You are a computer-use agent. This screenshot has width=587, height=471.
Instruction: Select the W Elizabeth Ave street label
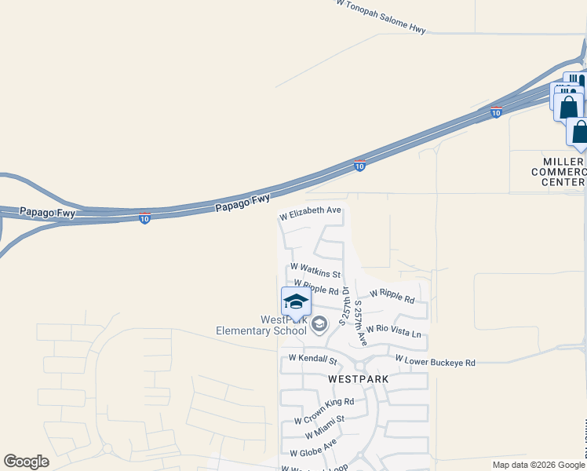click(311, 211)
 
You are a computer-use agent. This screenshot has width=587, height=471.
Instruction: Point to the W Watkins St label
click(315, 271)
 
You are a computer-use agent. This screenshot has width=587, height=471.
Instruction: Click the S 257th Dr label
click(343, 307)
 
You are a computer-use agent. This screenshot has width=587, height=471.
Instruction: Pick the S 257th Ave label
click(361, 322)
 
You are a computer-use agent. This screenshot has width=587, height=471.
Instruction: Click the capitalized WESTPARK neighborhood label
click(358, 378)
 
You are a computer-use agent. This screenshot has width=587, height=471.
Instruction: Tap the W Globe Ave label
click(313, 448)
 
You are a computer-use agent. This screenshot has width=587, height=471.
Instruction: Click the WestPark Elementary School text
click(261, 325)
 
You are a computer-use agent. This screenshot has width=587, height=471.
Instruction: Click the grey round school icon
click(319, 324)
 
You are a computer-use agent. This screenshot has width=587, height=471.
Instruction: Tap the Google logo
click(26, 462)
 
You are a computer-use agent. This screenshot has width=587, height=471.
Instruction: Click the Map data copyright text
click(538, 465)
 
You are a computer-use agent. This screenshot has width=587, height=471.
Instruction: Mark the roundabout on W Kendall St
click(361, 367)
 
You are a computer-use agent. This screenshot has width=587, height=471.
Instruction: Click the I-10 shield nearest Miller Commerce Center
click(496, 112)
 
